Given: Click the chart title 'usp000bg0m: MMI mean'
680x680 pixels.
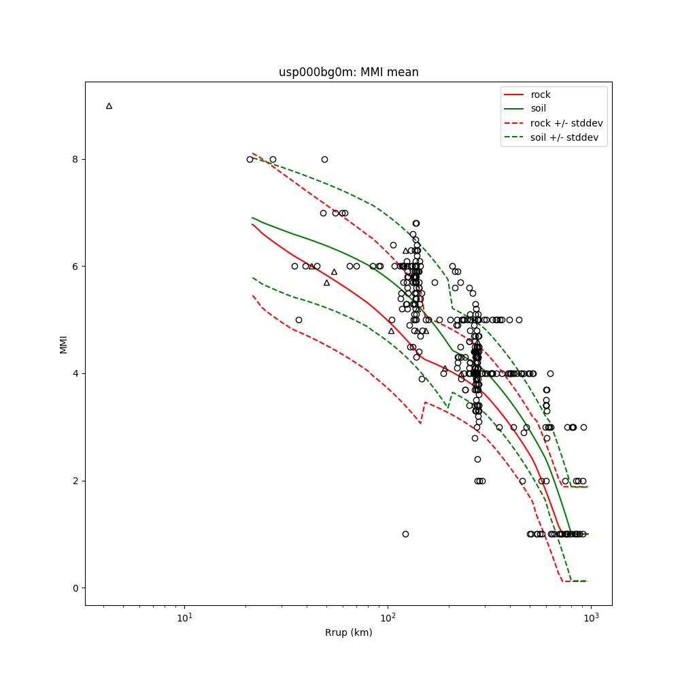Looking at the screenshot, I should click(x=348, y=72).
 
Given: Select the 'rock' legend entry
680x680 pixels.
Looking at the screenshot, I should click(x=541, y=95).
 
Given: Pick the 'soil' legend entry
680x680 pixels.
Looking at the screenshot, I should click(x=539, y=109).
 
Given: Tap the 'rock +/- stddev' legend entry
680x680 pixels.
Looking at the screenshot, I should click(x=566, y=123).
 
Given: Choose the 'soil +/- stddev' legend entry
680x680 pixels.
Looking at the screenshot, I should click(x=566, y=137).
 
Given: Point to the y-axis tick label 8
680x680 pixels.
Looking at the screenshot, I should click(x=75, y=159).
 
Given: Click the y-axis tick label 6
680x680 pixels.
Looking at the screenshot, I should click(x=75, y=267).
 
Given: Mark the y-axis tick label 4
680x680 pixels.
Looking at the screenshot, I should click(x=75, y=373).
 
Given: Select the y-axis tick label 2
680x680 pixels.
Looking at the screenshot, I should click(x=75, y=481).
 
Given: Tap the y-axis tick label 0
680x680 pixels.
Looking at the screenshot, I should click(x=75, y=588).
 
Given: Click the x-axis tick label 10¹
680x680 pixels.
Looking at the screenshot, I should click(x=184, y=617).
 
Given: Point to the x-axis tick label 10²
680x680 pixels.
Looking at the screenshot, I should click(x=388, y=617).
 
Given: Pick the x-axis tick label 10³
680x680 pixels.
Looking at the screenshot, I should click(x=591, y=617).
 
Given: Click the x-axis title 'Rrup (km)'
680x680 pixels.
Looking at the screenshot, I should click(x=348, y=633).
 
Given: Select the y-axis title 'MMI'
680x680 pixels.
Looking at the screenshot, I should click(x=63, y=343).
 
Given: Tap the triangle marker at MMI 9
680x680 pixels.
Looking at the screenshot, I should click(x=109, y=106).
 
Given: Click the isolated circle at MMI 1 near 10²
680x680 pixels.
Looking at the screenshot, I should click(x=405, y=534).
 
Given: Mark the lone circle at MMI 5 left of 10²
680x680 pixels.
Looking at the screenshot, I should click(x=299, y=320).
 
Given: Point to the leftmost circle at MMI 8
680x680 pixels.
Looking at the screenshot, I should click(x=250, y=159).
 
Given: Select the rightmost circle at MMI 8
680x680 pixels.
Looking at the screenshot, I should click(x=324, y=159).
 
